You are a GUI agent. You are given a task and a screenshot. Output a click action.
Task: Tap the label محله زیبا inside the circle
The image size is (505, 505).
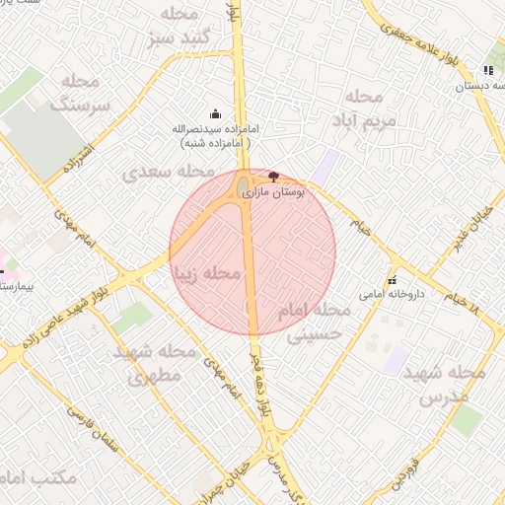[206, 272]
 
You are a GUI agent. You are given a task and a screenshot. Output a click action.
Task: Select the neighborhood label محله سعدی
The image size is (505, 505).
[162, 172]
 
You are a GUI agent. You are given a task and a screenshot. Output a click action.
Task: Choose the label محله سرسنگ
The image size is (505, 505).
[79, 92]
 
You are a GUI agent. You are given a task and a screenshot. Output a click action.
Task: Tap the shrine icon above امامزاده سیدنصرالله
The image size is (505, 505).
[216, 113]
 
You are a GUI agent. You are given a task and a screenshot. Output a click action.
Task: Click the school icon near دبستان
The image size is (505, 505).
[488, 71]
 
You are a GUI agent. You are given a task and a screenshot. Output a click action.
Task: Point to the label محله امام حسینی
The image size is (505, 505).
[314, 322]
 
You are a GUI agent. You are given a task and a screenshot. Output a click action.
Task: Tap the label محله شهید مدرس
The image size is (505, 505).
[453, 385]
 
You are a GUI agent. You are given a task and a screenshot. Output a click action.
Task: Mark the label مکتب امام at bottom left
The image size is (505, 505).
[39, 477]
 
